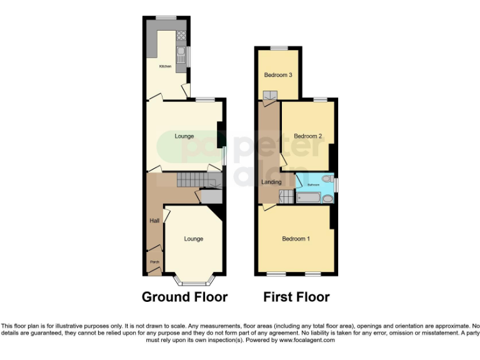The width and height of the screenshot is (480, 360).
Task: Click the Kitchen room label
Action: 165,66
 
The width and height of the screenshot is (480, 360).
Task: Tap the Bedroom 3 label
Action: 278,75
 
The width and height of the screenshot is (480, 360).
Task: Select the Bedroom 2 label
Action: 307,136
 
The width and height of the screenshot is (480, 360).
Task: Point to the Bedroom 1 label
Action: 295,239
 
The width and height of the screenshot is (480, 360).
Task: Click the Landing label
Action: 271,182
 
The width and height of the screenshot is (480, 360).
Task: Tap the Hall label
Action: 154,221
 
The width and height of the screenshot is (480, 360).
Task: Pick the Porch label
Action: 153,262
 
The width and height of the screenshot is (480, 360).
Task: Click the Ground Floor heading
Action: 184,297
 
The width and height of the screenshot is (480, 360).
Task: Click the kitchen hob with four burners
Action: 181,36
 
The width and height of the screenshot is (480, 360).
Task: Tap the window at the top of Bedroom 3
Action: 279,48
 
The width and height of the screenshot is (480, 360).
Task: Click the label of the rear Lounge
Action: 184,136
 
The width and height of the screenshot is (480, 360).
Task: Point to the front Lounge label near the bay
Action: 193,239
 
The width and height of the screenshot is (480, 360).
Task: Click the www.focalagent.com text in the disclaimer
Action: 307,340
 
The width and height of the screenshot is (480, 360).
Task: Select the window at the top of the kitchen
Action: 166,17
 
